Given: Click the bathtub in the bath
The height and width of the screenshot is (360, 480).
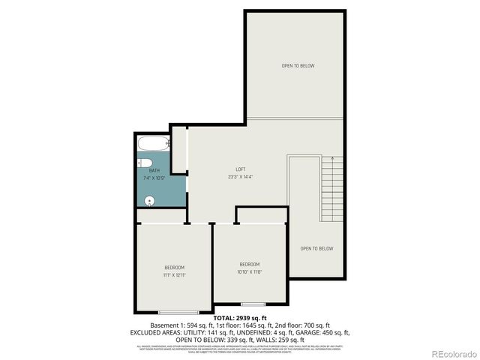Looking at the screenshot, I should coord(153,145).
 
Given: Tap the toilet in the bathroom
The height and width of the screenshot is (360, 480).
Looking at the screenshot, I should coord(145,164).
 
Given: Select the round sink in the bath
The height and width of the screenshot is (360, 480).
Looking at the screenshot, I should coord(148,200).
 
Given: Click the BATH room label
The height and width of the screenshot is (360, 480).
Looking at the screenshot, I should coord(154,171).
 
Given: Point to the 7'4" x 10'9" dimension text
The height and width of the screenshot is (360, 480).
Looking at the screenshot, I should coord(154,178).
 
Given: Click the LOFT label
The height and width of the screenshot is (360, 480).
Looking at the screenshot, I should coord(241,169).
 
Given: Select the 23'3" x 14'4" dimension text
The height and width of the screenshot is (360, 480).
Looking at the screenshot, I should coord(241,177).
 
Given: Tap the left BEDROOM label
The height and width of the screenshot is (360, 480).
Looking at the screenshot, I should coord(174,268).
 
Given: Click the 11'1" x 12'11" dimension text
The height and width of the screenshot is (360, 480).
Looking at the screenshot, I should coord(174,275).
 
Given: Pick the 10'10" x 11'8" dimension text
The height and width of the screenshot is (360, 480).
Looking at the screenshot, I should coord(250,271).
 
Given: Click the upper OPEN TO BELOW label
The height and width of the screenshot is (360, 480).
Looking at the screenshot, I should coord(298,66).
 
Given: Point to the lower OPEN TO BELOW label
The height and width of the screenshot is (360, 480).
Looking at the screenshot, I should coord(316,249).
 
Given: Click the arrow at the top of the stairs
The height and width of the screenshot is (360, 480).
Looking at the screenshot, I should coord(331,159).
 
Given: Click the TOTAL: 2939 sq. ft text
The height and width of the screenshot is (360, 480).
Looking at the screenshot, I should coord(240,318).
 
